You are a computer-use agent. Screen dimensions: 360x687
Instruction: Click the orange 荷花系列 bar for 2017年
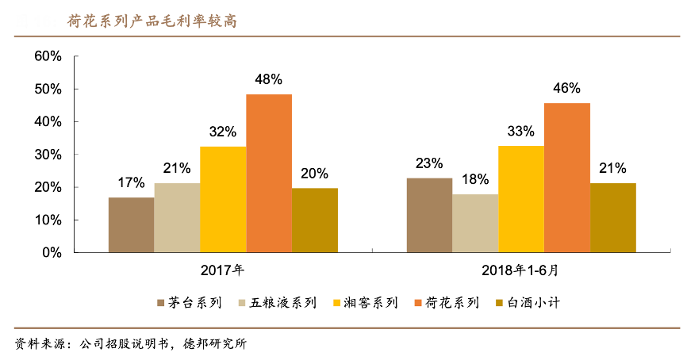point(269,173)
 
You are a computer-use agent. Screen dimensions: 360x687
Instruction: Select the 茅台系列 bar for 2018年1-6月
point(429,215)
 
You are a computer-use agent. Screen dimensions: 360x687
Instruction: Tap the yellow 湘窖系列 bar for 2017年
point(223,199)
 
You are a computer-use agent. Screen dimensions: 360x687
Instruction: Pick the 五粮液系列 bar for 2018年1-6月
point(475,223)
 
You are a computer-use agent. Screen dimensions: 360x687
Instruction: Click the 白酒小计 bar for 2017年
point(315,220)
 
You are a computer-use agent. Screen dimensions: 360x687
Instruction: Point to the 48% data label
point(269,79)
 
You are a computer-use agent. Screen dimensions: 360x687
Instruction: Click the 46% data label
point(566,88)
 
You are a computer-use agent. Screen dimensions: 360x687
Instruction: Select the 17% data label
point(131,182)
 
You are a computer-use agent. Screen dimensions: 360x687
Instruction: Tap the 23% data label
point(429,163)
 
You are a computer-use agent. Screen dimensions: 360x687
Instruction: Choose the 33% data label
point(520,131)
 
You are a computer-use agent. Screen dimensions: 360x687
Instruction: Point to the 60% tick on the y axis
point(48,56)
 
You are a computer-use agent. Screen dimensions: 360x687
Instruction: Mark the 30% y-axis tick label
point(48,155)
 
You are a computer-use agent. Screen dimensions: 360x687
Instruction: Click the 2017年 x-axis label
point(223,270)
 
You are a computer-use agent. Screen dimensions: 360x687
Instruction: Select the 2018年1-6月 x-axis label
point(520,270)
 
